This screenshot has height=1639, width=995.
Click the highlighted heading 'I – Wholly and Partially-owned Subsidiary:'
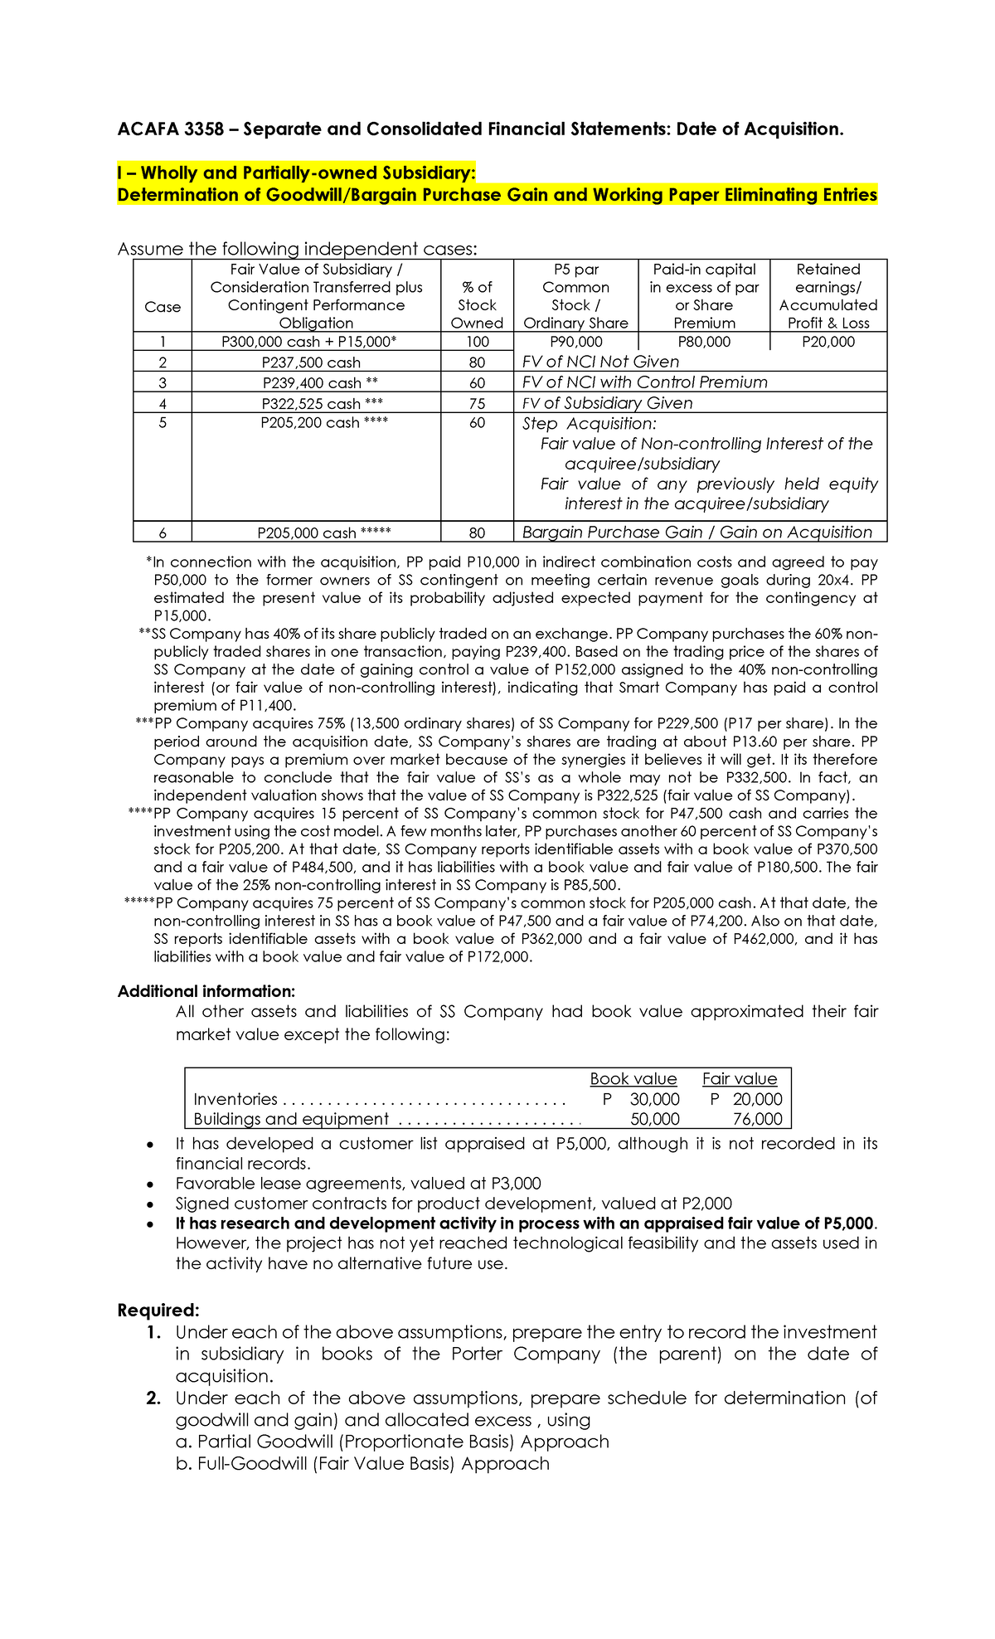pyautogui.click(x=297, y=173)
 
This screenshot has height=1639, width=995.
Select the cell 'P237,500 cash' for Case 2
pyautogui.click(x=311, y=362)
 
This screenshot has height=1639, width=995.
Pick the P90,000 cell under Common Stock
pyautogui.click(x=576, y=343)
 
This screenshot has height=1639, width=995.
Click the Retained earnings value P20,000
pyautogui.click(x=828, y=343)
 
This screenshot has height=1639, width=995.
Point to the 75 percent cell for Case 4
pyautogui.click(x=477, y=404)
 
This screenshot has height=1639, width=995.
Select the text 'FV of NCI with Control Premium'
pyautogui.click(x=644, y=382)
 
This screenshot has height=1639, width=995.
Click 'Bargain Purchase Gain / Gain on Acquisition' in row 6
pyautogui.click(x=696, y=533)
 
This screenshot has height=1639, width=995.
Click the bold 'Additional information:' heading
pyautogui.click(x=206, y=992)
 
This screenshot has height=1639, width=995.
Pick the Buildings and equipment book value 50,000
pyautogui.click(x=655, y=1120)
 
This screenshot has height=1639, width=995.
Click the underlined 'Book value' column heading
pyautogui.click(x=633, y=1079)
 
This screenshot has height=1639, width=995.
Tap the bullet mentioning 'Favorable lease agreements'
pyautogui.click(x=358, y=1184)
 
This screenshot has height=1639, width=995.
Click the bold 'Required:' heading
pyautogui.click(x=158, y=1311)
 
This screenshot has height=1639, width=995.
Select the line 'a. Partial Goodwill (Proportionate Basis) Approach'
pyautogui.click(x=392, y=1442)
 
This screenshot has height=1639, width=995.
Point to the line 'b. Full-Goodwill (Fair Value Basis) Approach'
pyautogui.click(x=362, y=1464)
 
